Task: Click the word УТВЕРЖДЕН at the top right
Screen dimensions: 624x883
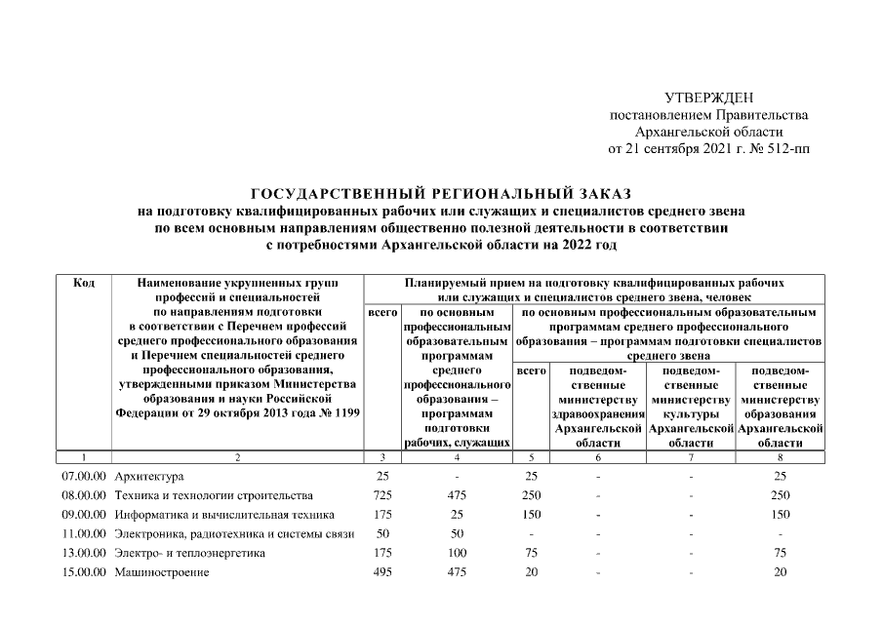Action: (708, 97)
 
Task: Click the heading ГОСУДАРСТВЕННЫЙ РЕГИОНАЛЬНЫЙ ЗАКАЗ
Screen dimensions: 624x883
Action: (442, 193)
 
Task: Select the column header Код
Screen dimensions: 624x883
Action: (84, 283)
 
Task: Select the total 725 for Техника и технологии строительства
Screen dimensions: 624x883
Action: (382, 494)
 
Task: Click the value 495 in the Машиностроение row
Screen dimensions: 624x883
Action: (382, 572)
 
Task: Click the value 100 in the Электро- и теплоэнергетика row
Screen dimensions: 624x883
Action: (458, 553)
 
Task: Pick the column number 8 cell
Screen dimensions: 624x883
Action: (778, 456)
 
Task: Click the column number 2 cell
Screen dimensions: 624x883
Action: (237, 456)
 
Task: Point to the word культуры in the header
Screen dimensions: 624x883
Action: (691, 413)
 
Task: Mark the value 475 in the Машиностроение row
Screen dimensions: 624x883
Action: (458, 572)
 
